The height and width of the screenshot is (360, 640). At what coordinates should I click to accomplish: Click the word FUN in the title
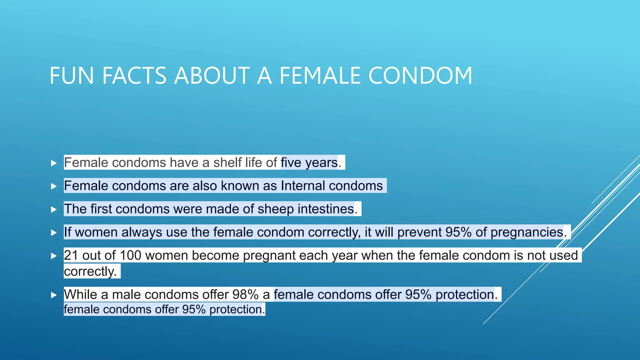click(72, 76)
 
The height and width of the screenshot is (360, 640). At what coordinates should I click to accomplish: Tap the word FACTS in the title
click(134, 76)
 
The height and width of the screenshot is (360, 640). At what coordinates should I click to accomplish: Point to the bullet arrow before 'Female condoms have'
click(54, 163)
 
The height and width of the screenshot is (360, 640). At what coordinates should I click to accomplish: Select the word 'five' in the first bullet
click(291, 162)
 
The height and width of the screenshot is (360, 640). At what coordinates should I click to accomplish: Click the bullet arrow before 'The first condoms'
click(54, 209)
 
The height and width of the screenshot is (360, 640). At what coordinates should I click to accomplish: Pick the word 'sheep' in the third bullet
click(275, 209)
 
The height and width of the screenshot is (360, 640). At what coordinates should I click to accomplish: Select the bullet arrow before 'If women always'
click(54, 232)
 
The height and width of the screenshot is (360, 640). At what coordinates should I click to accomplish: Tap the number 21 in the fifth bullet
click(71, 255)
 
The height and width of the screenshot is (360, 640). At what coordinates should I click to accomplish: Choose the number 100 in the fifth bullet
click(130, 255)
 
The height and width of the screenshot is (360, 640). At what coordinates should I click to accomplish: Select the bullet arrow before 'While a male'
click(54, 295)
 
